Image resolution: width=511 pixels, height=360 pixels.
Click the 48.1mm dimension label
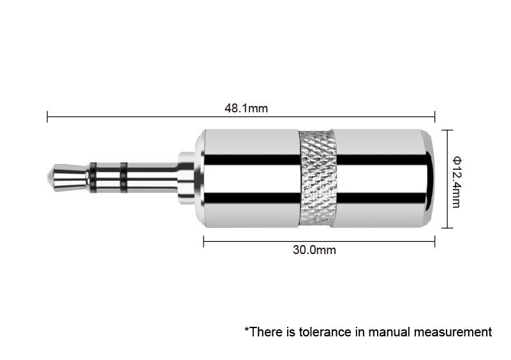[x=246, y=109]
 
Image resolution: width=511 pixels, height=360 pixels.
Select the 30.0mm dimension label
[x=314, y=250]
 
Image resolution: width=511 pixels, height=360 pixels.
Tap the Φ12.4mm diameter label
[x=456, y=183]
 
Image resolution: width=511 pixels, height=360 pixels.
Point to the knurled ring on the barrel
[x=318, y=178]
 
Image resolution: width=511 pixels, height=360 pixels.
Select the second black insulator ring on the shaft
[x=124, y=177]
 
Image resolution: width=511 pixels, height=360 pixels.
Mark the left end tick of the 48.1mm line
[x=47, y=116]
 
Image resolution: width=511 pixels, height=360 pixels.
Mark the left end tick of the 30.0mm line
[x=204, y=242]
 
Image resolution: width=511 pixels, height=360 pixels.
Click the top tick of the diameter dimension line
[x=447, y=130]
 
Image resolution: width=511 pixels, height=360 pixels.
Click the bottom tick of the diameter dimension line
[x=447, y=228]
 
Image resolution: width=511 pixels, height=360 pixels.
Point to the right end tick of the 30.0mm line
[x=434, y=242]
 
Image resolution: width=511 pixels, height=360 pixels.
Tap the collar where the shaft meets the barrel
[x=186, y=178]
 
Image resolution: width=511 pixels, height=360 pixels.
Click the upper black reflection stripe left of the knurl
[x=252, y=160]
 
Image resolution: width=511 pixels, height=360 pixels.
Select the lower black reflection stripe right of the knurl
[x=381, y=198]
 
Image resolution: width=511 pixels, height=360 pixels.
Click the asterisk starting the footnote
[x=247, y=329]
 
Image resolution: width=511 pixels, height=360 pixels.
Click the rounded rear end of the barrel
[x=429, y=178]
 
